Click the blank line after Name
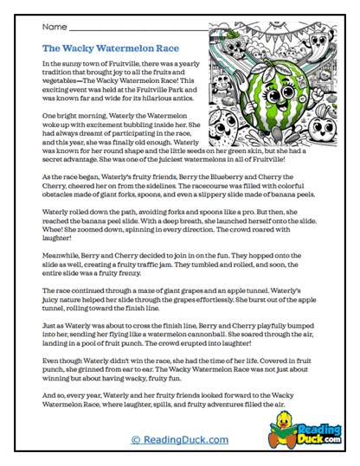[190, 30]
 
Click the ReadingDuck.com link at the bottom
[180, 439]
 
